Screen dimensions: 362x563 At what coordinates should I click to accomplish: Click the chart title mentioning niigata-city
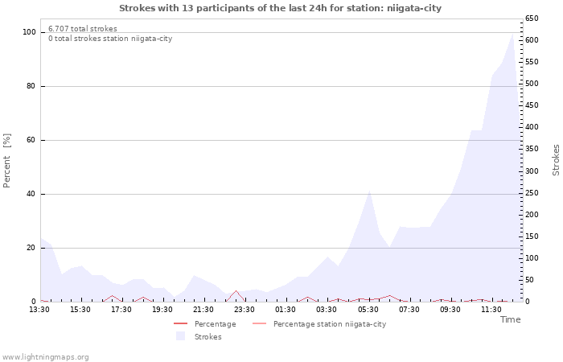tap(281, 8)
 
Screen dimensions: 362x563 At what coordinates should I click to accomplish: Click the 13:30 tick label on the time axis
tap(39, 310)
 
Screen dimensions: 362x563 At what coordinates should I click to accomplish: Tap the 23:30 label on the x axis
tap(245, 310)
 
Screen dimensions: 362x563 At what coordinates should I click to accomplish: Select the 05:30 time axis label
tap(368, 310)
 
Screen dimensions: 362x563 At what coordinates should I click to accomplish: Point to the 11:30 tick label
tap(491, 310)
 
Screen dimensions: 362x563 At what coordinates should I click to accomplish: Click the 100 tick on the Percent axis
tap(29, 32)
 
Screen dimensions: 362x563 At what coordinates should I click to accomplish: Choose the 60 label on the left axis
tap(31, 140)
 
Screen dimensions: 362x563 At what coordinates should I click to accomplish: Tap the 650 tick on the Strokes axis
tap(532, 19)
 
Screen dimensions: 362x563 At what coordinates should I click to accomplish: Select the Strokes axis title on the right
tap(556, 160)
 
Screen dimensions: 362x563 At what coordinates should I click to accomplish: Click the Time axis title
tap(510, 319)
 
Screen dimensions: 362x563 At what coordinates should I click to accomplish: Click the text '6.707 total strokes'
tap(83, 29)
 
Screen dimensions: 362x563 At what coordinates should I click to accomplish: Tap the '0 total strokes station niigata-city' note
tap(110, 39)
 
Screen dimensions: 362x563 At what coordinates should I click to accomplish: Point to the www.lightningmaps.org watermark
tap(45, 357)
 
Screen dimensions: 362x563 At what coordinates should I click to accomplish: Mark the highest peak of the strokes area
tap(512, 33)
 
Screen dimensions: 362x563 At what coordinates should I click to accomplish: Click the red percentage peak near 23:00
tap(235, 291)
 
